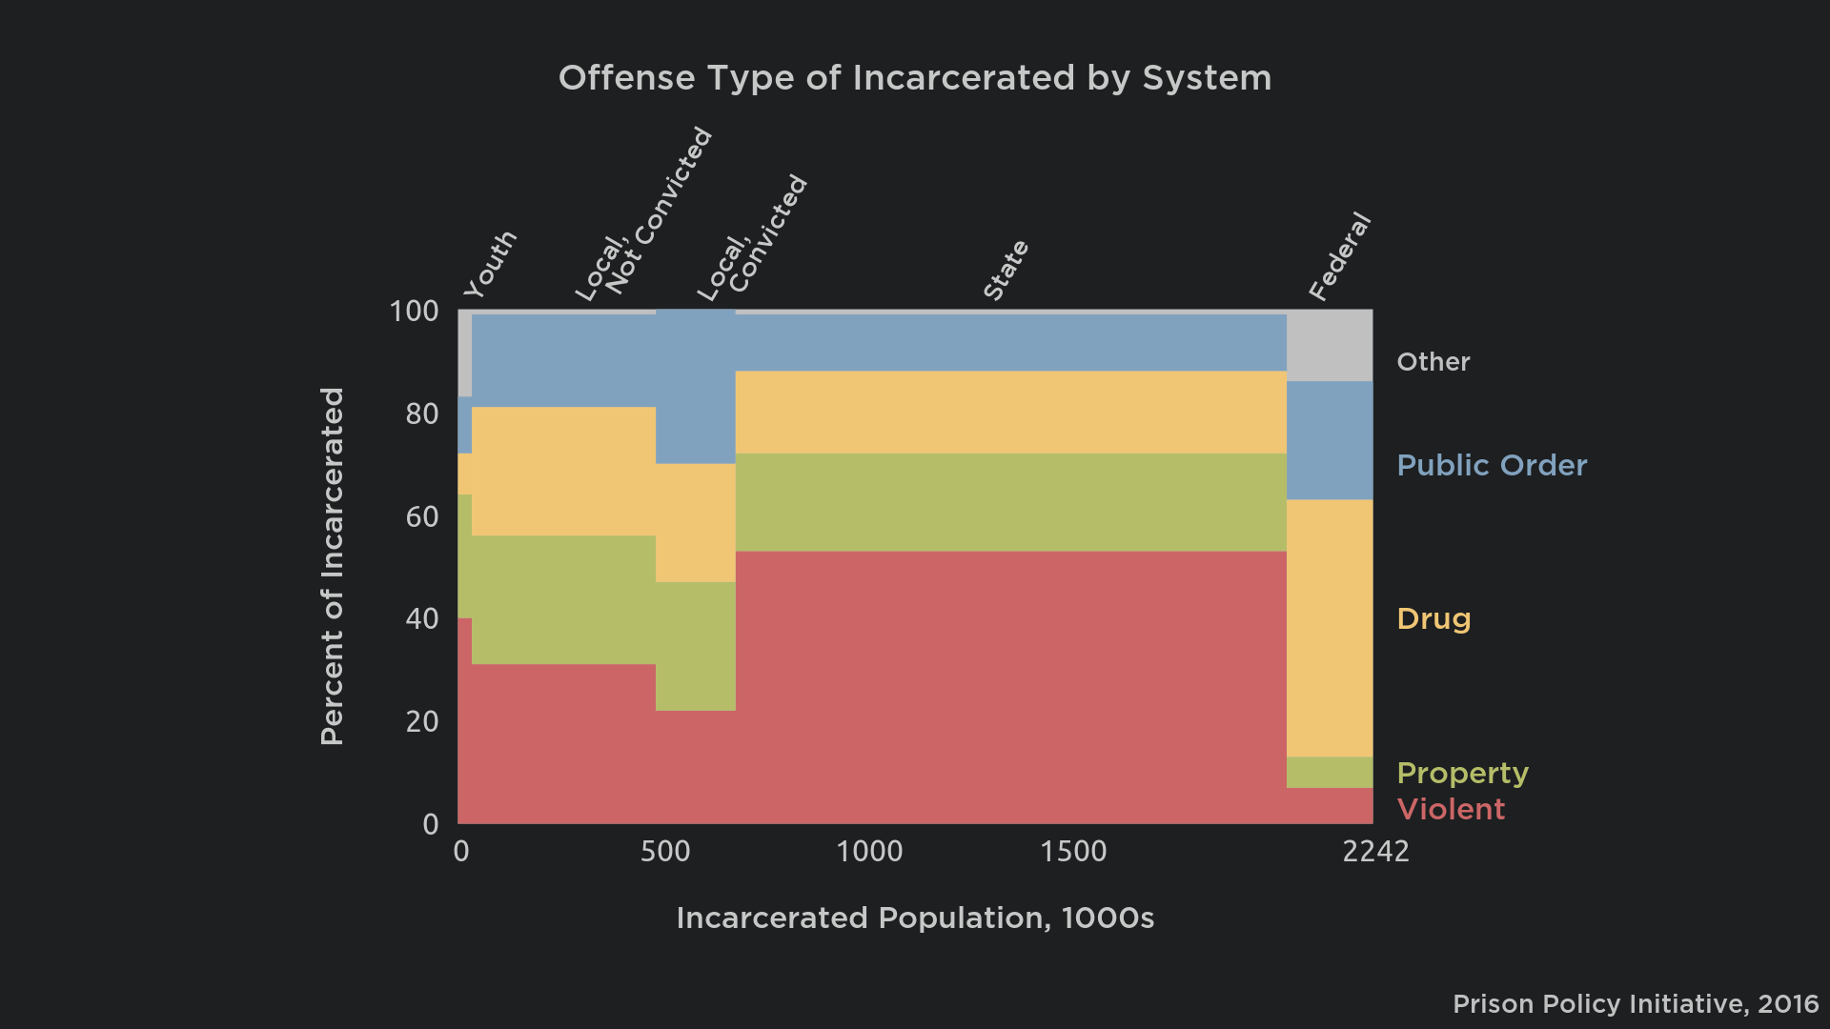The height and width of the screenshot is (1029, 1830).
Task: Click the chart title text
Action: [x=914, y=78]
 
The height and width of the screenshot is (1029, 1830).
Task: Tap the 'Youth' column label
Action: [x=490, y=264]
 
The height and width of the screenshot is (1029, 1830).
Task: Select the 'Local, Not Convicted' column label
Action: [x=643, y=214]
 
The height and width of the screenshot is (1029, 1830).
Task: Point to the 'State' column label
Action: [x=1006, y=271]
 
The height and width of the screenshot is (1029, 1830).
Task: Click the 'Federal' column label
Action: [x=1339, y=257]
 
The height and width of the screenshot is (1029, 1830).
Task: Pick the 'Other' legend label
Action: [x=1433, y=362]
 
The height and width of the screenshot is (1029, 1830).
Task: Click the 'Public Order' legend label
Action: [x=1492, y=466]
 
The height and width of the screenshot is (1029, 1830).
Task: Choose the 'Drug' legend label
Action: [x=1433, y=619]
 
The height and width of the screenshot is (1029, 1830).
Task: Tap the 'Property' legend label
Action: [x=1462, y=773]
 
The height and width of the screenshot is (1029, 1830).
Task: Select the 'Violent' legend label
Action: [x=1451, y=810]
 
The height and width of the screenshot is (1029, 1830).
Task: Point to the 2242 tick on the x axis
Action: [x=1375, y=851]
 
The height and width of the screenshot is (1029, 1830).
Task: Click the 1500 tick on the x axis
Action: [x=1073, y=851]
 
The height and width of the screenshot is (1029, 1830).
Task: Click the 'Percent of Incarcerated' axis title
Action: [x=332, y=566]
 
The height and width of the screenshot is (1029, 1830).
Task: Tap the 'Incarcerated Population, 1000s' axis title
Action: [x=915, y=918]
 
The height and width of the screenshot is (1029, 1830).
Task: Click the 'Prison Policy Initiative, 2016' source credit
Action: [x=1636, y=1004]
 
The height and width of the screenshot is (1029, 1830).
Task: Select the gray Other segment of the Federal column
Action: [x=1330, y=345]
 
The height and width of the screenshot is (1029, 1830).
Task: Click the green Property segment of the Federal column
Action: [x=1330, y=773]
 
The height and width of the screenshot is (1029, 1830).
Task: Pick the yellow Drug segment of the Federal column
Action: [x=1330, y=629]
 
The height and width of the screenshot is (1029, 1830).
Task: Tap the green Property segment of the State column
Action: [x=1010, y=502]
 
